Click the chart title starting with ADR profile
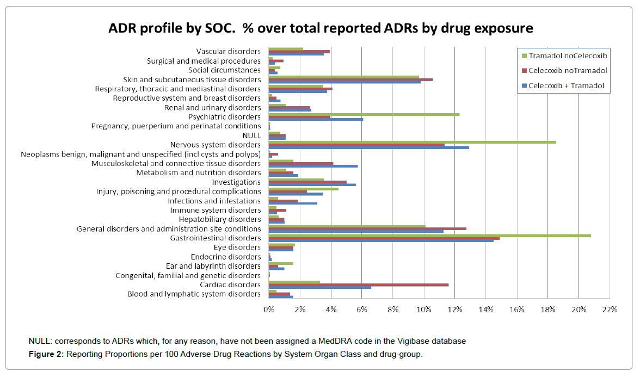pos(319,28)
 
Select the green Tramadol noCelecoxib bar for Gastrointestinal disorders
pos(429,236)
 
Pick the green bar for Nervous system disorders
pos(412,142)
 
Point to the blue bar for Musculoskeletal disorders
pos(313,166)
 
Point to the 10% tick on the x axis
pos(424,310)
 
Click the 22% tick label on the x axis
pos(610,310)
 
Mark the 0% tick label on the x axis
pos(269,310)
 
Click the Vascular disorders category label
pos(229,52)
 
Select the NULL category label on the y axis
pos(252,135)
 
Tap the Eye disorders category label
pos(237,248)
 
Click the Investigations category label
pos(236,182)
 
